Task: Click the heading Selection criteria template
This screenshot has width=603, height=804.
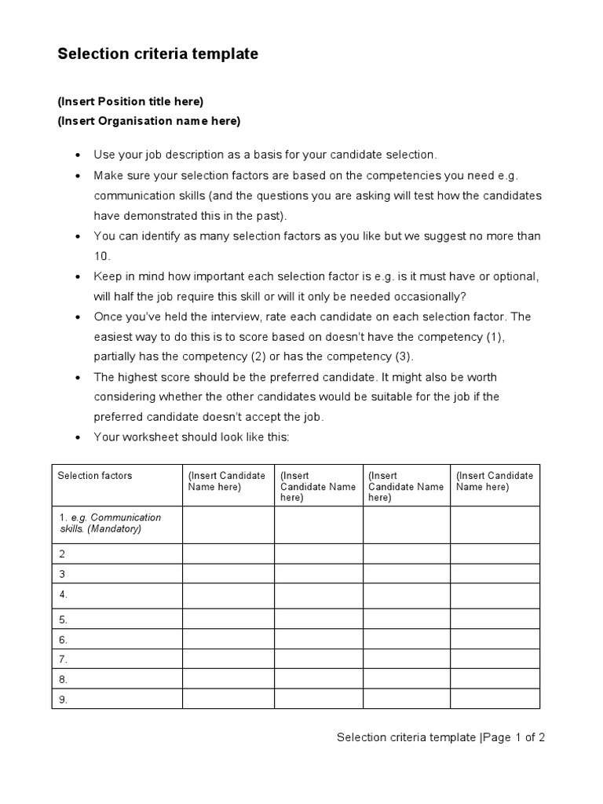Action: tap(158, 54)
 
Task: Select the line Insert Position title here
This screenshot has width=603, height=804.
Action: tap(130, 101)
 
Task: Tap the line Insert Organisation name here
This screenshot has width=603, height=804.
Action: tap(149, 121)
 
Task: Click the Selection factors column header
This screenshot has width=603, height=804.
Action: tap(95, 476)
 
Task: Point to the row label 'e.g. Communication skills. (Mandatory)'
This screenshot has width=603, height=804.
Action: tap(110, 524)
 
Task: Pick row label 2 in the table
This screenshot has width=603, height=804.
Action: tap(62, 554)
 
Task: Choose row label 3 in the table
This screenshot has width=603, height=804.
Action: tap(62, 574)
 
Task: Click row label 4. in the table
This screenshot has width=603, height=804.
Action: tap(64, 594)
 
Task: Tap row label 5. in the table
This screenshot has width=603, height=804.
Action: tap(64, 619)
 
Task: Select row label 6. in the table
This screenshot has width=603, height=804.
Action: tap(64, 639)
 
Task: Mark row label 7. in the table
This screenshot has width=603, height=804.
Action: tap(64, 659)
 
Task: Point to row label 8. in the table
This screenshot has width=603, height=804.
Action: tap(64, 679)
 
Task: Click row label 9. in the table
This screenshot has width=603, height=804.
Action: tap(64, 699)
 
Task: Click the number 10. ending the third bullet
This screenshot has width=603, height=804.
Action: tap(103, 256)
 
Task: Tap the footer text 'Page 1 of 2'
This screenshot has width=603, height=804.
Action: tap(514, 737)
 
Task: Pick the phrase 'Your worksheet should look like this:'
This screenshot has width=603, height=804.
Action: tap(192, 437)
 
